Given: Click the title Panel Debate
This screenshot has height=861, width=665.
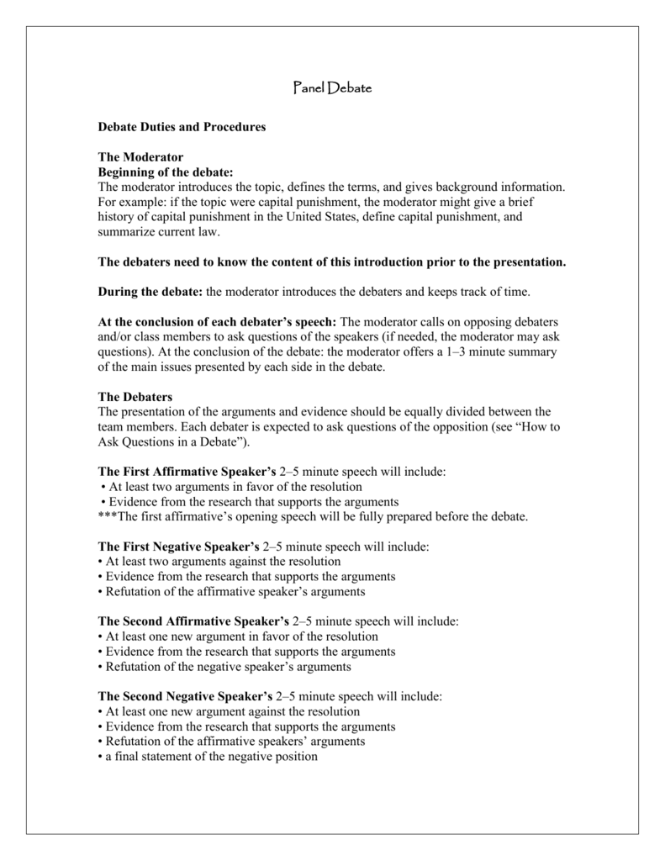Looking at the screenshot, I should [332, 87].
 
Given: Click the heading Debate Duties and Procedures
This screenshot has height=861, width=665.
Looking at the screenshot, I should [182, 126].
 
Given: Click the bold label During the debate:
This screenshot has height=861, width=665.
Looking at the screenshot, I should [150, 293].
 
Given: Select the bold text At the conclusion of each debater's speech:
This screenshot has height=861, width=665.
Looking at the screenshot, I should [217, 323].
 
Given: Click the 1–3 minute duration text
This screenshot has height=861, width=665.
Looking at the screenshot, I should [468, 353].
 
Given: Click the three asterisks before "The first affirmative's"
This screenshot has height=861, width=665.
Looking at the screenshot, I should [108, 517].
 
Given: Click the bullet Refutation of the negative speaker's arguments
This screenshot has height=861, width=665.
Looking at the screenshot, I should [224, 666].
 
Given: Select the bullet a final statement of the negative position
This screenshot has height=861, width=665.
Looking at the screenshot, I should [208, 756].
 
